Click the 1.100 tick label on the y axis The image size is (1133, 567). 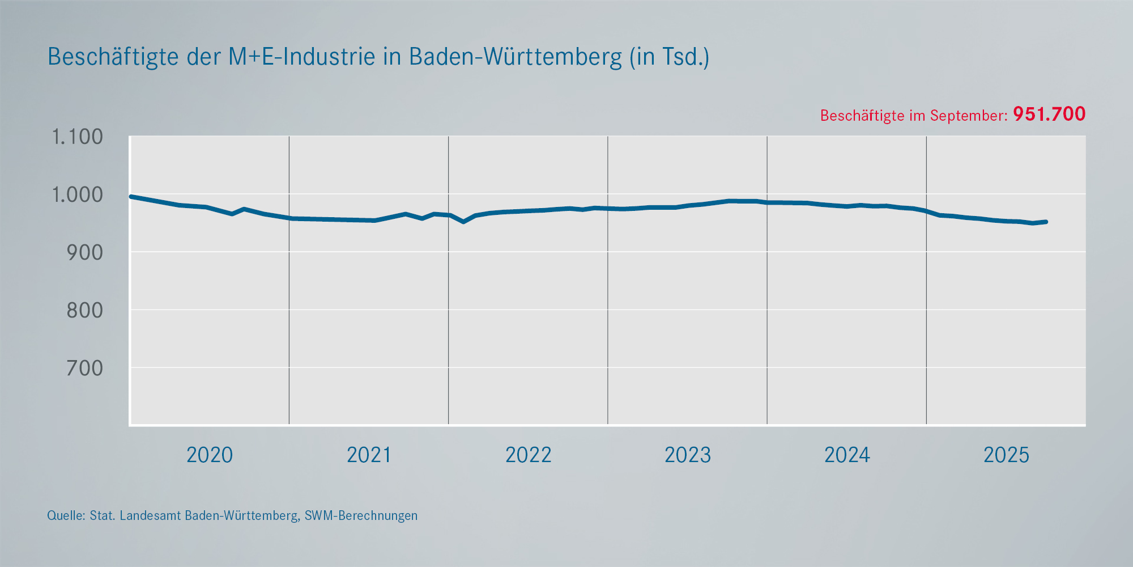78,137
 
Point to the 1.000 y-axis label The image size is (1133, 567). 78,194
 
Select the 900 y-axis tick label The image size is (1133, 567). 85,252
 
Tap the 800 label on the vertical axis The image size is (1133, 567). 85,310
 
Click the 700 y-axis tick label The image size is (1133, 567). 85,368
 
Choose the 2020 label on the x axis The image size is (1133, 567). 210,455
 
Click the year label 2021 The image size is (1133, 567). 369,455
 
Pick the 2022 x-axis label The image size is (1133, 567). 528,455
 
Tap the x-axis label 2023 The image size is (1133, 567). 687,455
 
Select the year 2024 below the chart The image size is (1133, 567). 847,455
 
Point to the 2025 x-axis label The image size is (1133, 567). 1006,455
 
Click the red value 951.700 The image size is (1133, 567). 1049,114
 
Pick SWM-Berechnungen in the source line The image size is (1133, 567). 361,515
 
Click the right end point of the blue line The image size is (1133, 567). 1046,222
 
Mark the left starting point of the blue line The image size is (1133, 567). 131,197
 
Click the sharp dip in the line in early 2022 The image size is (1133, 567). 463,222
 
